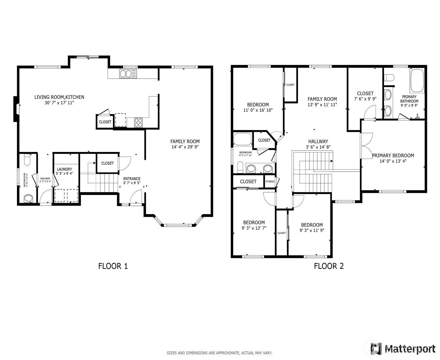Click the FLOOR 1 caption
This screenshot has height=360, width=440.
pyautogui.click(x=113, y=266)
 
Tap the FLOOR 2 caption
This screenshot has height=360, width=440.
pyautogui.click(x=329, y=266)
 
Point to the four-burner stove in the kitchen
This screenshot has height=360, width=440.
pyautogui.click(x=138, y=122)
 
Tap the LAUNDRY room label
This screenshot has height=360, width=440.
pyautogui.click(x=64, y=169)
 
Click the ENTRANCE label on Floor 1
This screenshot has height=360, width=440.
pyautogui.click(x=132, y=179)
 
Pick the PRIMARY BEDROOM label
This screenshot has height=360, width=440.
pyautogui.click(x=393, y=155)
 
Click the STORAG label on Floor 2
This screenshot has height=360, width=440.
pyautogui.click(x=270, y=181)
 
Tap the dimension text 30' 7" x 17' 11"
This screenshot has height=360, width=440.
pyautogui.click(x=59, y=103)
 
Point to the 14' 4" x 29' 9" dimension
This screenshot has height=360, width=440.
pyautogui.click(x=185, y=147)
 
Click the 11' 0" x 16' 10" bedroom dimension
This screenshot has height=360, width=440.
pyautogui.click(x=258, y=110)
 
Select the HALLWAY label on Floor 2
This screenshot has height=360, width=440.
pyautogui.click(x=318, y=141)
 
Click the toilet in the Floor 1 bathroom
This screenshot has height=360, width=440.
pyautogui.click(x=27, y=160)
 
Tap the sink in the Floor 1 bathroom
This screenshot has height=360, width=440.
pyautogui.click(x=28, y=198)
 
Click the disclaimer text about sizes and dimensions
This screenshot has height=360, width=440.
pyautogui.click(x=219, y=353)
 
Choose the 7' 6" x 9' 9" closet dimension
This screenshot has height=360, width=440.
pyautogui.click(x=365, y=99)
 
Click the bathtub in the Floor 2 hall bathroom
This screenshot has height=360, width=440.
pyautogui.click(x=242, y=139)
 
